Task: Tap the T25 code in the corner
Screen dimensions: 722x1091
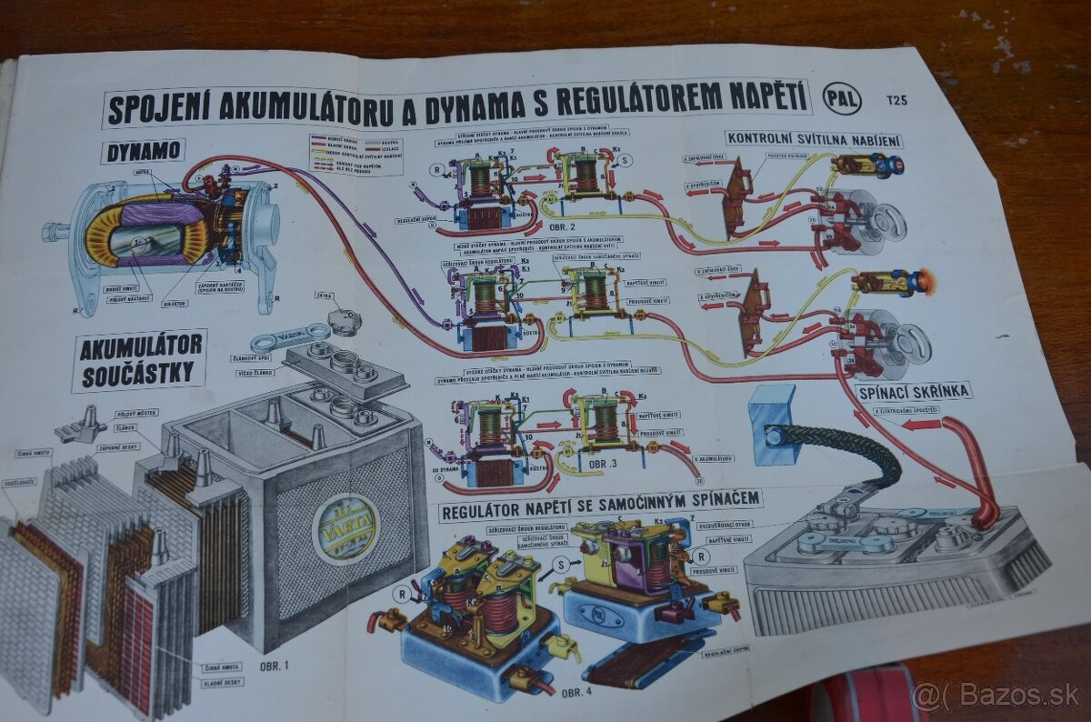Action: click(x=896, y=100)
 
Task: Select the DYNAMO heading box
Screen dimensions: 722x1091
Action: click(x=144, y=152)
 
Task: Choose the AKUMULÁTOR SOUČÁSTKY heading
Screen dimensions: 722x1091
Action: click(x=139, y=361)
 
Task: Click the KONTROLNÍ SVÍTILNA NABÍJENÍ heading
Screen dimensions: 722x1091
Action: click(x=815, y=139)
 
